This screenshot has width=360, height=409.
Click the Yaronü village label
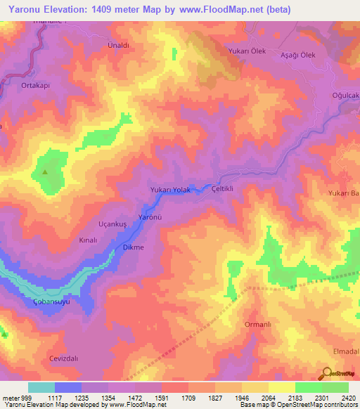point(150,218)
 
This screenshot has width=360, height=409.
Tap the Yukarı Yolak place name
point(171,190)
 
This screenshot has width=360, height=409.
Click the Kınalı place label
point(87,240)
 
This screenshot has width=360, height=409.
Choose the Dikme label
point(134,247)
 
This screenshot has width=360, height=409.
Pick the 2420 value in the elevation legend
point(349,398)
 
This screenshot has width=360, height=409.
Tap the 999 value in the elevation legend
point(28,398)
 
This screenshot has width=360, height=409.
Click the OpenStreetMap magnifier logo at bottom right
point(326,372)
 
